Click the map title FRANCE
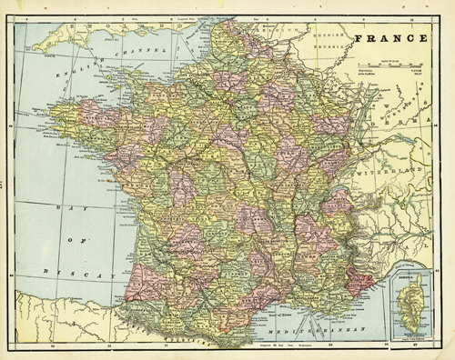(392, 40)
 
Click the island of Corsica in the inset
(408, 309)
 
